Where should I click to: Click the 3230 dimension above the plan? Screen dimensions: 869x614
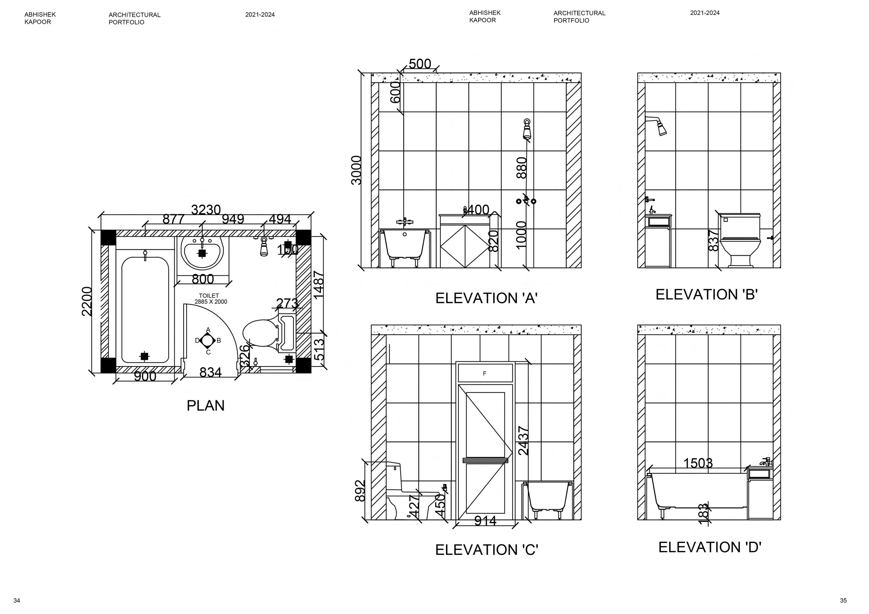[x=206, y=210]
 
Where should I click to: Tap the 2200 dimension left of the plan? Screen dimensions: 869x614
[x=87, y=301]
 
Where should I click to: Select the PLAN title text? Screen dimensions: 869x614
[x=206, y=406]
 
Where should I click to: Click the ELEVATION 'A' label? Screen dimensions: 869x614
[x=486, y=298]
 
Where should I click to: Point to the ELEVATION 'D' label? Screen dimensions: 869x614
[x=710, y=547]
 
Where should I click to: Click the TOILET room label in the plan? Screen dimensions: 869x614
[x=209, y=296]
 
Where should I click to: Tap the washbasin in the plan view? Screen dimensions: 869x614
[x=202, y=252]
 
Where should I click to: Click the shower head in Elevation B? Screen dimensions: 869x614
[x=661, y=127]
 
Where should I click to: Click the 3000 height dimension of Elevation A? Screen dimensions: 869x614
[x=357, y=170]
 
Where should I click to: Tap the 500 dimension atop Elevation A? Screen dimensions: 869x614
[x=420, y=64]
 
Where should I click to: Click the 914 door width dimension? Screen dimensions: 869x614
[x=485, y=521]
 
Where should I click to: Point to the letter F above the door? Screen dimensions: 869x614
[x=484, y=374]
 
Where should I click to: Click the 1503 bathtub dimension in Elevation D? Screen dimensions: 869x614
[x=698, y=463]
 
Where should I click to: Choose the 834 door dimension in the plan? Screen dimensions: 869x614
[x=210, y=372]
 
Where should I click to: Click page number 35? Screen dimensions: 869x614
[x=843, y=600]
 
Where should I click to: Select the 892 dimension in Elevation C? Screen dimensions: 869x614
[x=360, y=491]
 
